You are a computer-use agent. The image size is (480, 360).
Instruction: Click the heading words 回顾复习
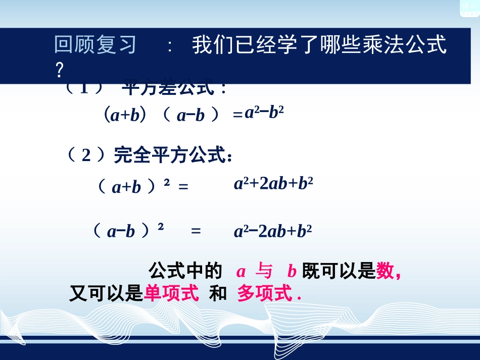(95, 45)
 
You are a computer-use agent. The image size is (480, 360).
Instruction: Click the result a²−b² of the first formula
(264, 113)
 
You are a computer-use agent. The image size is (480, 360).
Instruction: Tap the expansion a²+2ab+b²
(273, 183)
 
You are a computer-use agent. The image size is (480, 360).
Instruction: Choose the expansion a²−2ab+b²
(273, 231)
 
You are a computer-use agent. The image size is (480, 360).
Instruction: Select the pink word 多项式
(265, 293)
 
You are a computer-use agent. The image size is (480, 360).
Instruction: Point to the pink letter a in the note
(241, 272)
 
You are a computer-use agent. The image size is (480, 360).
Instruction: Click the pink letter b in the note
(291, 272)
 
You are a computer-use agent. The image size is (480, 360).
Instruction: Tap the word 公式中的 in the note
(185, 272)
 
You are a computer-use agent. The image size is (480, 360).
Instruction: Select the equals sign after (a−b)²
(196, 231)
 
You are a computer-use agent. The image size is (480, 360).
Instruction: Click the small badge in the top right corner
(469, 8)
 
